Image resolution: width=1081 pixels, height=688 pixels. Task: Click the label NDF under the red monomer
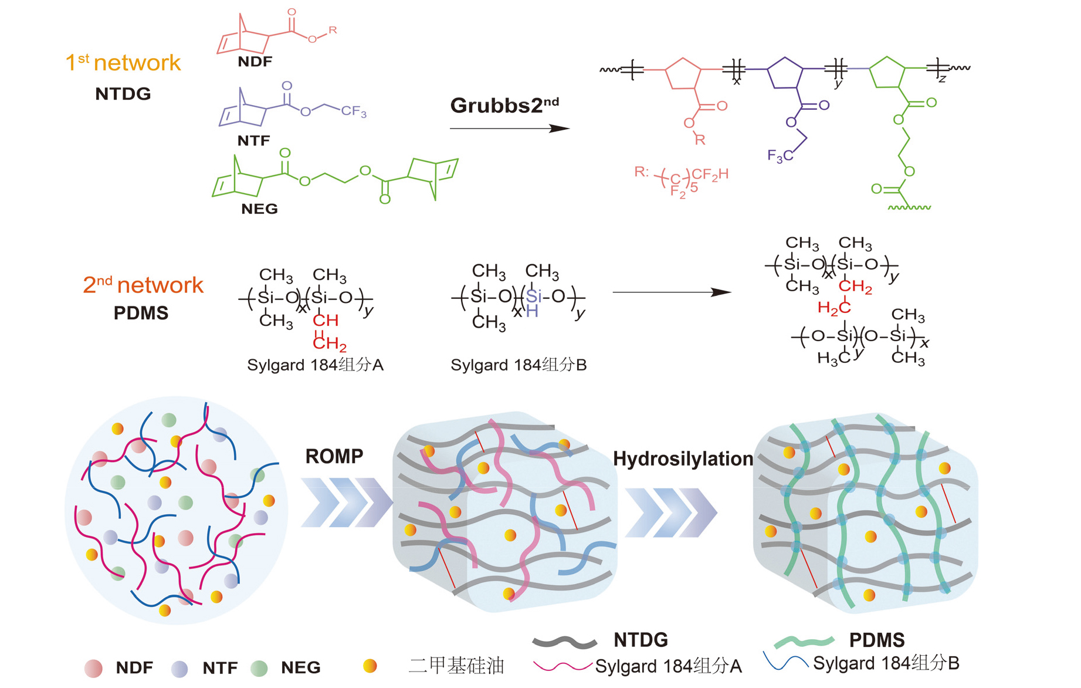tap(255, 62)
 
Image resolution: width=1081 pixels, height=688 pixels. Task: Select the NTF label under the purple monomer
tap(253, 141)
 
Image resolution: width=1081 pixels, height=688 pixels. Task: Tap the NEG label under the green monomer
tap(259, 209)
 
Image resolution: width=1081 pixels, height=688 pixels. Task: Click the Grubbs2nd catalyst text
tap(504, 106)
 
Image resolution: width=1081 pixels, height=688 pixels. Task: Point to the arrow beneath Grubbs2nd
tap(509, 129)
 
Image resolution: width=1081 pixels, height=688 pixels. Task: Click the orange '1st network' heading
tap(123, 63)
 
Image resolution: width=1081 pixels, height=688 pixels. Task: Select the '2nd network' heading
tap(143, 285)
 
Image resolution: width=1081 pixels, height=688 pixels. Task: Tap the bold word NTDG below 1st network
tap(123, 94)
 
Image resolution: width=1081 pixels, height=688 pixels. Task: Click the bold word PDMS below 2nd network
tap(141, 313)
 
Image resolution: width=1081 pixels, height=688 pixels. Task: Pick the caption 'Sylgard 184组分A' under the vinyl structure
tap(315, 365)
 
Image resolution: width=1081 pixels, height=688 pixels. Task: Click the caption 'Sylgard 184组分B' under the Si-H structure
tap(519, 365)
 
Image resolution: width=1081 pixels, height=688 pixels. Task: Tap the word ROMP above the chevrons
tap(334, 456)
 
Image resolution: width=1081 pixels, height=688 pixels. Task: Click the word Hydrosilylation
tap(683, 459)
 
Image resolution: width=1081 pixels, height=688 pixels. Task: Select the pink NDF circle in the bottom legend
tap(93, 668)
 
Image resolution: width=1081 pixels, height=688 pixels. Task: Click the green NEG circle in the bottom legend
tap(259, 668)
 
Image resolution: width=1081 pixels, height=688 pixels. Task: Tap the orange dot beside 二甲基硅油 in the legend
tap(370, 666)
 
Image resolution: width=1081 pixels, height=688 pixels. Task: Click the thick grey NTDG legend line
tap(564, 642)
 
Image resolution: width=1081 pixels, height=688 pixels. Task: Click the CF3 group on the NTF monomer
tap(354, 111)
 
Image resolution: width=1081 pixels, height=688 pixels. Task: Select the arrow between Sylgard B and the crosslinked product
tap(672, 292)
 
